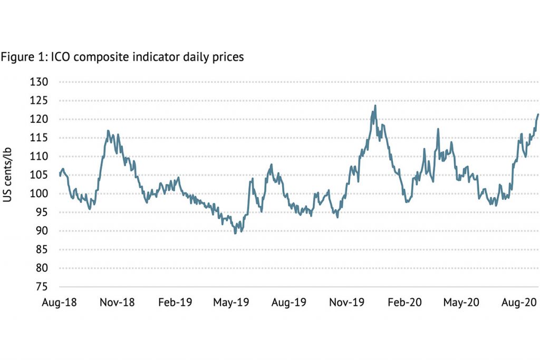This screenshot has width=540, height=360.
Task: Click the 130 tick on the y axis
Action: (41, 82)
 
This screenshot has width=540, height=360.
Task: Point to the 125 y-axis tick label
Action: (41, 101)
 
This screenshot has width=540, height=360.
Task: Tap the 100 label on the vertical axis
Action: (41, 194)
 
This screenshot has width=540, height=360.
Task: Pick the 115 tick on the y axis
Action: (41, 138)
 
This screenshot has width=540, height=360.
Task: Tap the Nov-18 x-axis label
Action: (117, 303)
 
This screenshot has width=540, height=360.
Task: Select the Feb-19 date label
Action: (175, 303)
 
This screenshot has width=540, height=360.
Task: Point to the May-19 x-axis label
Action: (231, 303)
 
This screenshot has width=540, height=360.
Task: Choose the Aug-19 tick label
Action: (289, 303)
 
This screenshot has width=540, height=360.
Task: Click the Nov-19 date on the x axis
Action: (346, 303)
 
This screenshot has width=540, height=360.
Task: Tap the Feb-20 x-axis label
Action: (404, 303)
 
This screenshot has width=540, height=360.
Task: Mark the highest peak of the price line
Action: (375, 105)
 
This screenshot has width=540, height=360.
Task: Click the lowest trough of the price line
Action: (235, 233)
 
